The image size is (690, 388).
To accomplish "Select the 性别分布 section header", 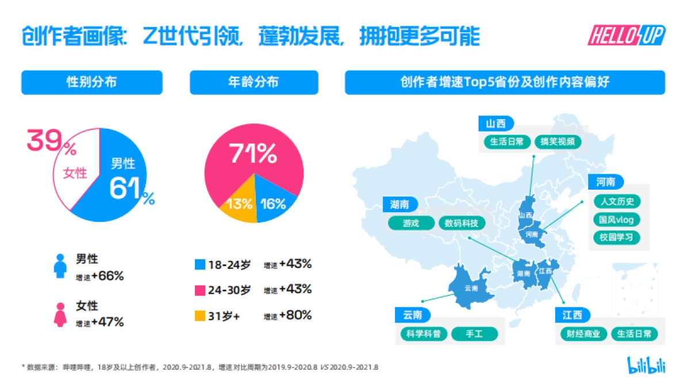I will click(x=91, y=82).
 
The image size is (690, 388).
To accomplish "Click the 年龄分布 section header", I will click(x=254, y=82).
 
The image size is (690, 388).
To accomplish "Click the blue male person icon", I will click(x=60, y=266).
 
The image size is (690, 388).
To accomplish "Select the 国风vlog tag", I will click(x=616, y=220).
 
